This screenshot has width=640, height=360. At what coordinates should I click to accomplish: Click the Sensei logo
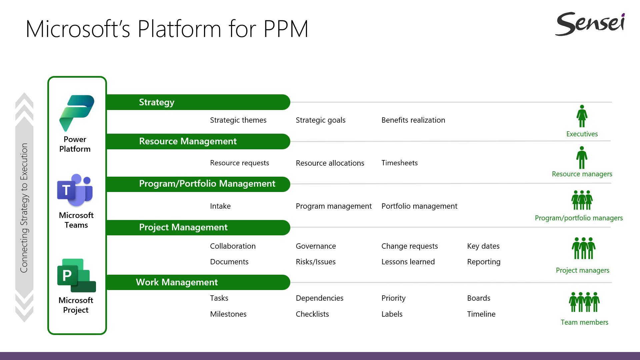pos(590,24)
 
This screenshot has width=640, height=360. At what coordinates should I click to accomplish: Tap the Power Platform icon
pos(77,113)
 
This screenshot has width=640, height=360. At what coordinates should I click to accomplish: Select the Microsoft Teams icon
pos(75,190)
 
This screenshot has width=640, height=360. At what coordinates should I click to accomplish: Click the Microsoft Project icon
pos(76,275)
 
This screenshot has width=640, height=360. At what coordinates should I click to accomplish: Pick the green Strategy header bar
pos(198,102)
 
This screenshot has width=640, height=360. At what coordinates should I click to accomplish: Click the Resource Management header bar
pos(198,141)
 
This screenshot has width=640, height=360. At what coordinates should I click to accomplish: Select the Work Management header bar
pos(198,282)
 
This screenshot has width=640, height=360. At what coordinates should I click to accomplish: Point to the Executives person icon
pos(582,116)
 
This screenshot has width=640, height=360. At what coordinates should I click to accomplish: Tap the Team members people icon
pos(584,302)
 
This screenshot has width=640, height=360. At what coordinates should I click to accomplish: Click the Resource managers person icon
pos(582,157)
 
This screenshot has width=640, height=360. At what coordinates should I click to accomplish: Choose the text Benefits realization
pos(413,120)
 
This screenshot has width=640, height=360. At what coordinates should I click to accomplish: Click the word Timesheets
pos(399,163)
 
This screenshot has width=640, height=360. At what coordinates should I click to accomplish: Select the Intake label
pos(220,206)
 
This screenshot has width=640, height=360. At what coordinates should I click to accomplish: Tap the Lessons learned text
pos(408,262)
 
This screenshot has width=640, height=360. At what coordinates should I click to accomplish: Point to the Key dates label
pos(483,246)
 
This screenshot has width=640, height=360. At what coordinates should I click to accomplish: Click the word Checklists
pos(312,314)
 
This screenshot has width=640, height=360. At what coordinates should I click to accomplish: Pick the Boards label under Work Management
pos(479,298)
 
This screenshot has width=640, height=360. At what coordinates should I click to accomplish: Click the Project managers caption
pos(583,270)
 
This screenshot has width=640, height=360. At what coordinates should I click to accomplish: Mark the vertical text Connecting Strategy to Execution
pos(24,208)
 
